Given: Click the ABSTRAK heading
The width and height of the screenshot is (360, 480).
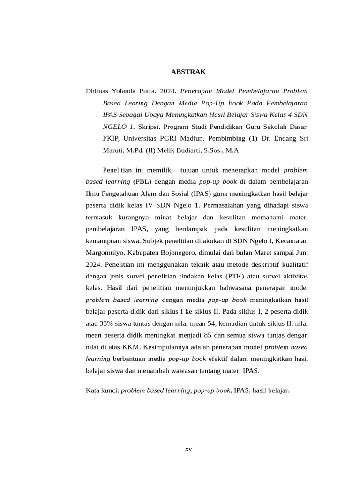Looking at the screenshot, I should click(188, 72).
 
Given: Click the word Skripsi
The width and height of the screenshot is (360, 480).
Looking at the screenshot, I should click(150, 126).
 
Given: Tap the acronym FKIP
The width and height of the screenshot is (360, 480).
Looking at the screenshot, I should click(111, 138).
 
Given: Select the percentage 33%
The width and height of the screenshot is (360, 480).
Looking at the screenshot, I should click(102, 323).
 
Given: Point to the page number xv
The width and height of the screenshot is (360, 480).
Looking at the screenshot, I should click(188, 449).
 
